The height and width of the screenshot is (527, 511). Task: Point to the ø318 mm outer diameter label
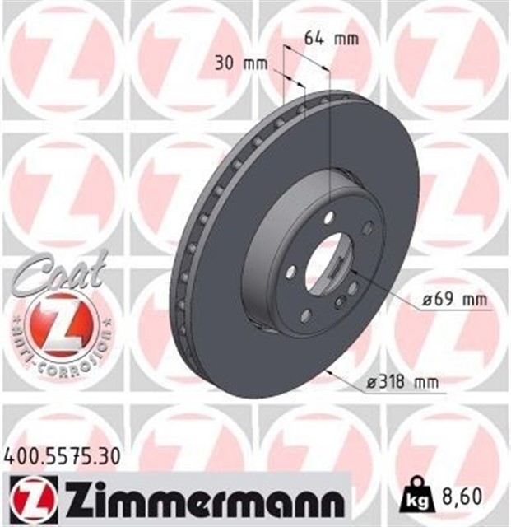click(402, 381)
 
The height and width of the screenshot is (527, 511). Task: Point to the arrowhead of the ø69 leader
click(356, 273)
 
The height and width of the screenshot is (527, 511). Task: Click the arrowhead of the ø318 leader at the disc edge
click(330, 372)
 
